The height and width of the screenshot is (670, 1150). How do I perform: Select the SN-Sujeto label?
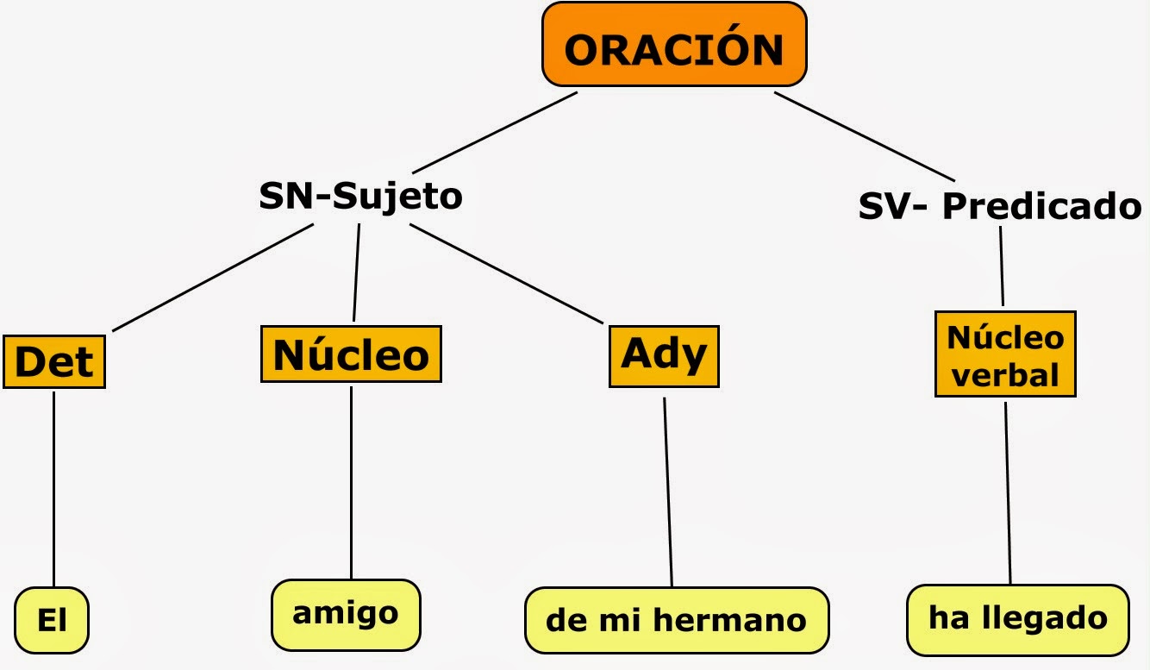tap(360, 197)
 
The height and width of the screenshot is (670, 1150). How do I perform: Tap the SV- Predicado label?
tap(1000, 207)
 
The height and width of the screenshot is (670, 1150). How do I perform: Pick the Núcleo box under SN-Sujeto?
tap(351, 354)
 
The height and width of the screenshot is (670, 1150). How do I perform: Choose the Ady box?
tap(664, 354)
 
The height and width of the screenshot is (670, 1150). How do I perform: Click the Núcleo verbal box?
tap(1005, 354)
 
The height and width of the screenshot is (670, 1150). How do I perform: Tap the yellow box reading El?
tap(53, 620)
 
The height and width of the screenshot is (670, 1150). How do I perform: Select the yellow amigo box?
tap(346, 614)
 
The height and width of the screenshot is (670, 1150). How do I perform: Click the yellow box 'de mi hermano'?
tap(677, 620)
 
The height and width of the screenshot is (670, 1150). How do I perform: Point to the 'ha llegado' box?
tap(1017, 618)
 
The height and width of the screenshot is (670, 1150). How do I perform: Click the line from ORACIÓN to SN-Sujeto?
tap(494, 132)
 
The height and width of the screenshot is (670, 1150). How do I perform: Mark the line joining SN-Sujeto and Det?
tap(212, 278)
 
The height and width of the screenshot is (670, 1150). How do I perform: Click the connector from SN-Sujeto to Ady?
tap(506, 273)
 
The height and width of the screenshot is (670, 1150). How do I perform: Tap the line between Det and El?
tap(54, 487)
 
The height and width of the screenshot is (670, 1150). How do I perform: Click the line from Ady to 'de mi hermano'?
tap(668, 492)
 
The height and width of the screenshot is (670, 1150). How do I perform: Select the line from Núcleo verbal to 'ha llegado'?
tap(1008, 492)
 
